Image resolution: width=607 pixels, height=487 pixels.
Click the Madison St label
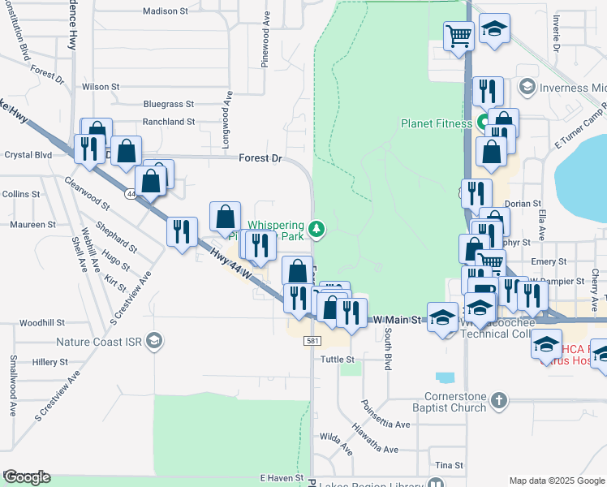[165, 11]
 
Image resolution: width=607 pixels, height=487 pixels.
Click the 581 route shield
[312, 342]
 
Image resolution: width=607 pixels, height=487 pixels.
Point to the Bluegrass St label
[169, 104]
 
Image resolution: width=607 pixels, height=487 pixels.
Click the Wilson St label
[101, 86]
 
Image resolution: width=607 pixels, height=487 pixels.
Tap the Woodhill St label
[37, 323]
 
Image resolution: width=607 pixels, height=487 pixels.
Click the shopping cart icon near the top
[458, 36]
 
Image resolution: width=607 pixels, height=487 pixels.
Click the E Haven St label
[281, 479]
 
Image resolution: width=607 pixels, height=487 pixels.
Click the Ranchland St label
[169, 122]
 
